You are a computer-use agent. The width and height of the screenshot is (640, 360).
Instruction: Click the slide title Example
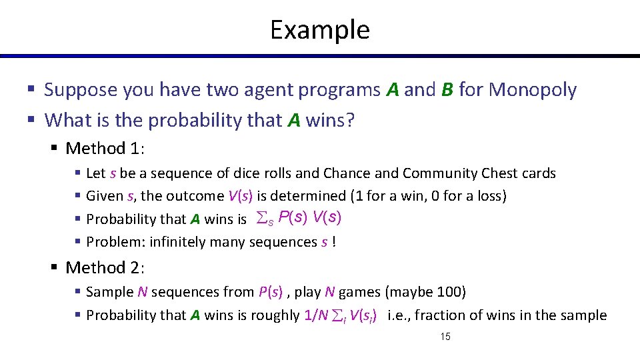(319, 30)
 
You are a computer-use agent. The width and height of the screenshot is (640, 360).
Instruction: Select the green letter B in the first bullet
(447, 90)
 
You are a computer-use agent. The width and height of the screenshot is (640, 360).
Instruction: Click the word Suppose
(81, 90)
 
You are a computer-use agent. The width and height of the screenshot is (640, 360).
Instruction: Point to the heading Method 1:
(105, 148)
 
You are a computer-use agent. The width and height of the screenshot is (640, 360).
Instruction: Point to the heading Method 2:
(105, 267)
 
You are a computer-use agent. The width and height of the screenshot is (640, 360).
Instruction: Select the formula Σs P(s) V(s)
(299, 218)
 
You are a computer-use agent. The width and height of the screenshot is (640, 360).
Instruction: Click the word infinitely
(178, 242)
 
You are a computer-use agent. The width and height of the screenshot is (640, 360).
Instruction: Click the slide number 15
(445, 337)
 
